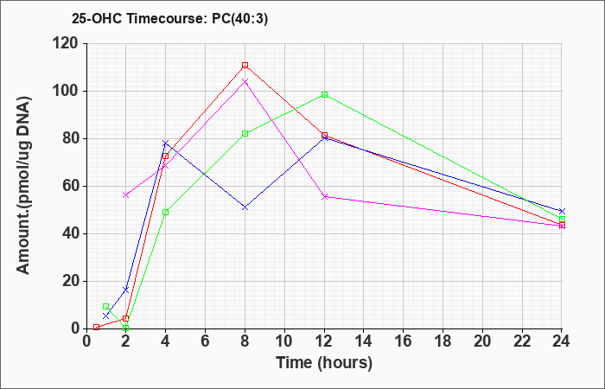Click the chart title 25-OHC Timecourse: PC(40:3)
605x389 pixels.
click(x=169, y=19)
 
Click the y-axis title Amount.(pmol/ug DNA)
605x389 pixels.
click(x=24, y=186)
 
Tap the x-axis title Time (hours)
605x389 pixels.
click(x=324, y=363)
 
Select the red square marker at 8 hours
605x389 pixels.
click(x=245, y=65)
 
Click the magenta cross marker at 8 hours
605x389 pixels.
click(x=245, y=81)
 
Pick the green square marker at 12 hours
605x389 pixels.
click(x=324, y=94)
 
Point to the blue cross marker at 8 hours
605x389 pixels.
click(x=245, y=207)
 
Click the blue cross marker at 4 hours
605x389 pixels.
click(x=166, y=143)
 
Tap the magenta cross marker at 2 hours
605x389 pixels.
click(x=126, y=195)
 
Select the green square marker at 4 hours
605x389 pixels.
click(x=166, y=213)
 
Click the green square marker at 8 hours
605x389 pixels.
click(x=245, y=133)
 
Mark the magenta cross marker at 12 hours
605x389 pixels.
click(x=324, y=197)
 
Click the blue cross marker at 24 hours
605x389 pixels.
click(x=562, y=212)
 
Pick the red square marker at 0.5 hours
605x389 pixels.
click(x=96, y=328)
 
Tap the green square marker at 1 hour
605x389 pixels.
click(x=105, y=306)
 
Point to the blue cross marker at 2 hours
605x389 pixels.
click(x=126, y=290)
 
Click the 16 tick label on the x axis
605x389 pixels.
click(x=404, y=341)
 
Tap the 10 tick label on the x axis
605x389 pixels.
click(x=284, y=341)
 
